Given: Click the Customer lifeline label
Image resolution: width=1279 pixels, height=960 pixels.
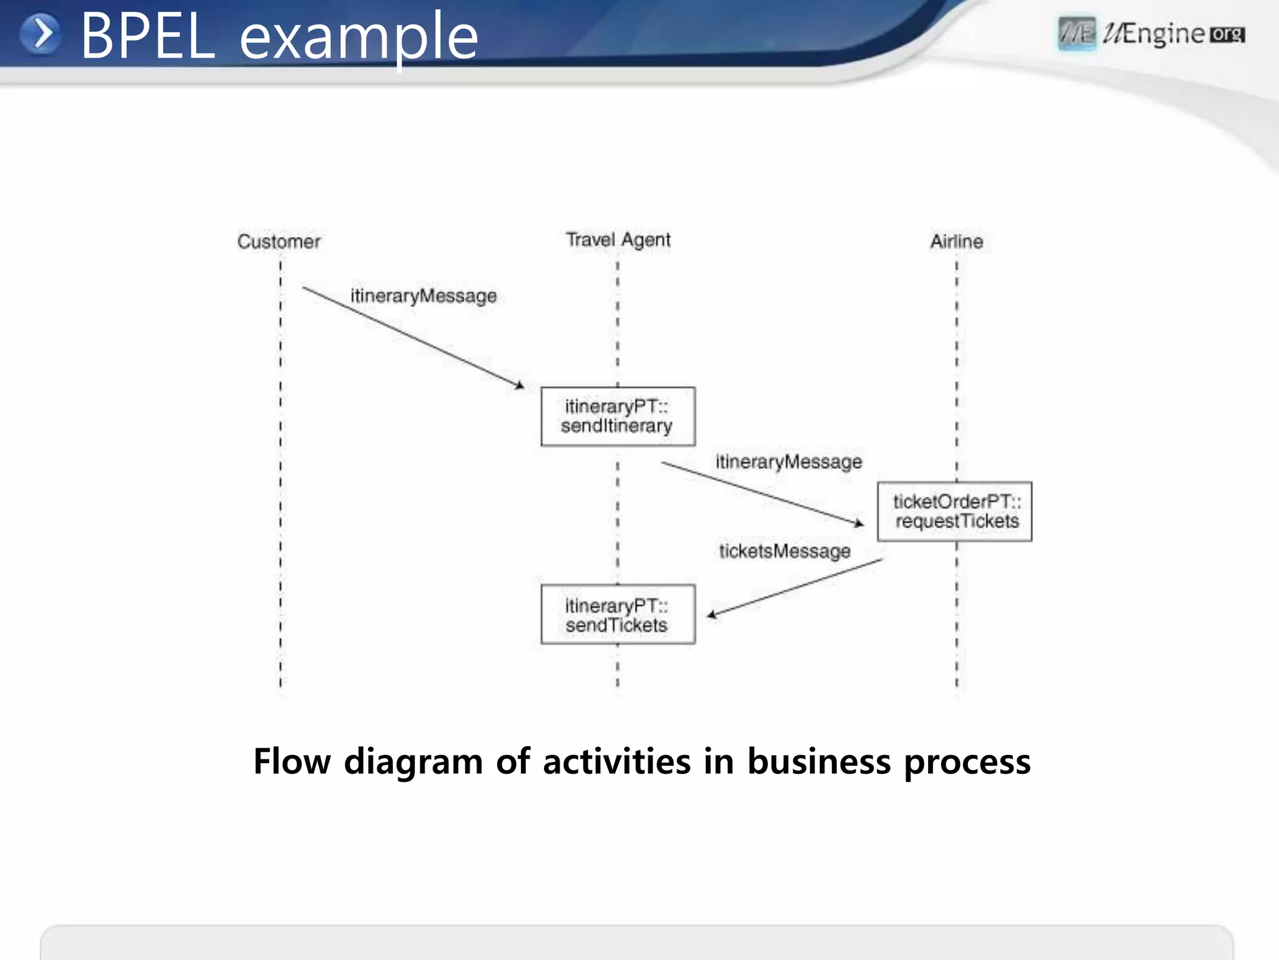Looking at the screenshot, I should pos(279,241).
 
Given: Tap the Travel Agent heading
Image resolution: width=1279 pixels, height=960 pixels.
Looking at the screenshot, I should pos(618,239).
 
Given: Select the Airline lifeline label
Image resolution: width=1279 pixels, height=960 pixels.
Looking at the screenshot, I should pos(956,241).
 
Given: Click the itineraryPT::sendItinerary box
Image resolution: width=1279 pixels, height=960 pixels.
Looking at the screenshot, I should pos(618,416).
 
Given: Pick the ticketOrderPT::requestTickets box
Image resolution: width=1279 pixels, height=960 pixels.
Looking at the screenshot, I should pos(954,511).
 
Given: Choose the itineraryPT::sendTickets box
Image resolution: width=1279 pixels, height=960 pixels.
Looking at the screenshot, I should pos(618,614).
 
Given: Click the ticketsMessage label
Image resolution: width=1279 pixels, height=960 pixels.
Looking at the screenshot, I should pos(784,551).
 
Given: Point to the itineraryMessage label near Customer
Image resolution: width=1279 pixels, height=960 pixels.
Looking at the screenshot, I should pos(423,296).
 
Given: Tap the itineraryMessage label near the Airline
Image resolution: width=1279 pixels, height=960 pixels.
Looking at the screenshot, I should pos(788,462).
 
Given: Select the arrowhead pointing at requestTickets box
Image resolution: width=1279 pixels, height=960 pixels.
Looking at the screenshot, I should pos(859,522).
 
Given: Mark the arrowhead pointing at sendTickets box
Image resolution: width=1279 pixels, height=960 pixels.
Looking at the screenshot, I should pos(712,614).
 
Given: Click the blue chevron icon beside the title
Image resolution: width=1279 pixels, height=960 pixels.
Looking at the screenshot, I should pos(41,34).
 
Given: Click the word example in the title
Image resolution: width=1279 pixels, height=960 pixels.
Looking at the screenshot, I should pos(358,39).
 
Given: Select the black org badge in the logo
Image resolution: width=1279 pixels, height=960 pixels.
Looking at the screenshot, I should pos(1227,34).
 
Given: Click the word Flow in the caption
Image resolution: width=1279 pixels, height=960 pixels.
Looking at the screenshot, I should pos(292,761).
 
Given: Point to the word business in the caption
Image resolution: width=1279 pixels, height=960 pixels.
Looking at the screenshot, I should pos(819,761).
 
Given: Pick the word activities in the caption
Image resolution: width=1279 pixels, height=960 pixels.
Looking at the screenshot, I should pos(617,761).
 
